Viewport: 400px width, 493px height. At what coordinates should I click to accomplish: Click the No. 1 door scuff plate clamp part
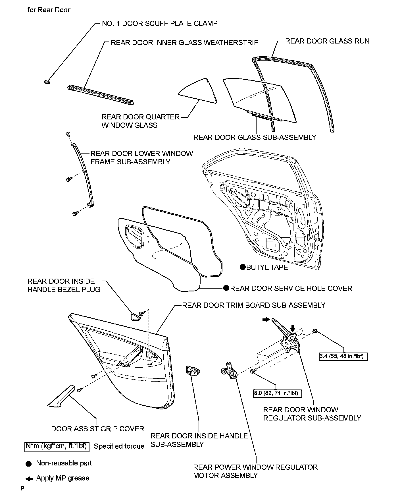point(46,82)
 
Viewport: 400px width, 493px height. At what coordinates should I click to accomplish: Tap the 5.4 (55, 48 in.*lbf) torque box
point(343,356)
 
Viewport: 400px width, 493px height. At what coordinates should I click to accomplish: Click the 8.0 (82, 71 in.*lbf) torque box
point(277,393)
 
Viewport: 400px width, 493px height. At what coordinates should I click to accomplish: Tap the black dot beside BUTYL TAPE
point(242,267)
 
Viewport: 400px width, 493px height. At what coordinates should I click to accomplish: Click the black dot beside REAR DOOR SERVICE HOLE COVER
point(226,288)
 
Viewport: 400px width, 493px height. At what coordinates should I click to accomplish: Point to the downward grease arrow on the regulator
point(293,328)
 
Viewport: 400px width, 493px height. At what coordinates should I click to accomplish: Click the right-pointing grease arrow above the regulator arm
point(266,320)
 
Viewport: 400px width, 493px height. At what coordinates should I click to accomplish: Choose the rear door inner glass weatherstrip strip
point(101,95)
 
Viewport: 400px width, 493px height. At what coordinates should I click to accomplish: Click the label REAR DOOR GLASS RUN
point(327,41)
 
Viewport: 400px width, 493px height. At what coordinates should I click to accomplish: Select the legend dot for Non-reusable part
point(28,464)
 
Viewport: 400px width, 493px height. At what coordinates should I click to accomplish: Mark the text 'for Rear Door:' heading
point(49,10)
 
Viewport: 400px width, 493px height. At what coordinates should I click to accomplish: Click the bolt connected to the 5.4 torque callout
point(315,331)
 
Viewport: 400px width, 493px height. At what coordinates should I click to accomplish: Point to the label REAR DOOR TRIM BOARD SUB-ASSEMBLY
point(253,305)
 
